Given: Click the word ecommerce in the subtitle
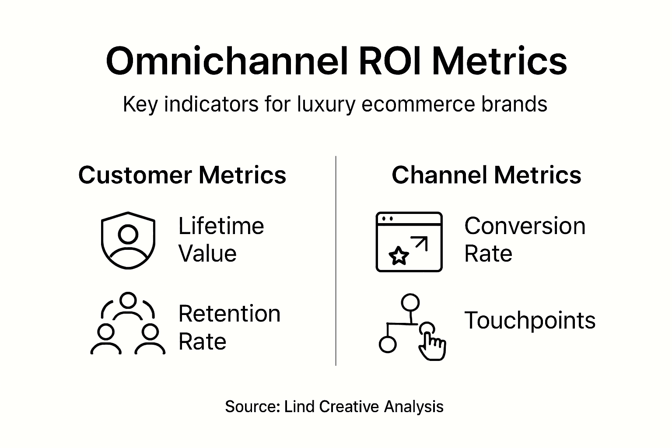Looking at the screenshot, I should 418,105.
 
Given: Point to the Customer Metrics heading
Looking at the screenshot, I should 182,175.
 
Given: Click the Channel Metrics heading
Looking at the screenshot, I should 486,175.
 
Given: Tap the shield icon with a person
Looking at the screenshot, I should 128,241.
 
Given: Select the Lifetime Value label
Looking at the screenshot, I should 221,240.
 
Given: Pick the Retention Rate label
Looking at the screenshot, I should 229,327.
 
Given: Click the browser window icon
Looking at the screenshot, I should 409,242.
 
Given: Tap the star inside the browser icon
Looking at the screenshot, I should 399,255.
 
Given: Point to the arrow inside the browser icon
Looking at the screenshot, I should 420,244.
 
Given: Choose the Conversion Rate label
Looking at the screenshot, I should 524,240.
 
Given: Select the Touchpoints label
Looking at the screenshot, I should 529,320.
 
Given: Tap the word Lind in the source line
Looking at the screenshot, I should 299,406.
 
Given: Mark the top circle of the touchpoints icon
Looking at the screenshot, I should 410,302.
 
